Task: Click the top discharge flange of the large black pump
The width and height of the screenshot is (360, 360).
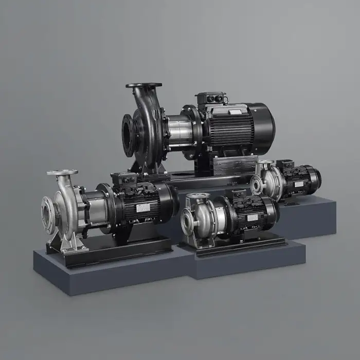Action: click(143, 85)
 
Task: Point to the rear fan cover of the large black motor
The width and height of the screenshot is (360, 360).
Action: click(265, 126)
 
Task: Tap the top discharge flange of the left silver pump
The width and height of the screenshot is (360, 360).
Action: click(62, 173)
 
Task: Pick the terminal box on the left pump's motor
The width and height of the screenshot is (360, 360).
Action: click(124, 179)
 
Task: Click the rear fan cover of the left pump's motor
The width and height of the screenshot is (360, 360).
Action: click(170, 198)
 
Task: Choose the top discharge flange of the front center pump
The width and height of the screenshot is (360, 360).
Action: click(198, 196)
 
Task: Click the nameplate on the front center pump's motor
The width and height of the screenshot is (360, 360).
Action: click(253, 218)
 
